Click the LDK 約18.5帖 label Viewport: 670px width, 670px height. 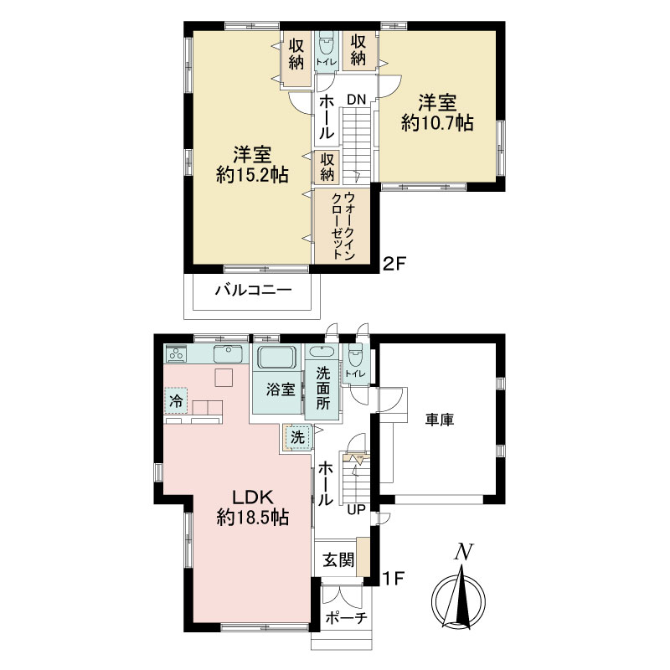[253, 508]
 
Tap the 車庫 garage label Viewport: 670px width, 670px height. [439, 420]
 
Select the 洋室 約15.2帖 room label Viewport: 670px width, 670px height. [252, 164]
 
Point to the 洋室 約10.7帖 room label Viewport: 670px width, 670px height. [437, 113]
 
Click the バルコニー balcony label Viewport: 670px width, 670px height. [253, 291]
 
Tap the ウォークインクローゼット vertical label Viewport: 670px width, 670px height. [343, 225]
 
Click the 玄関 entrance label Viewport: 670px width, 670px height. [338, 559]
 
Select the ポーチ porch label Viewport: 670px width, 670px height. [346, 617]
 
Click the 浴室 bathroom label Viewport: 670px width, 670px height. [281, 389]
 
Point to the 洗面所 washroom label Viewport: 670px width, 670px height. [323, 388]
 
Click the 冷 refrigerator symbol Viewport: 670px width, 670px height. [176, 401]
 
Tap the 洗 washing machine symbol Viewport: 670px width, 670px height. [297, 437]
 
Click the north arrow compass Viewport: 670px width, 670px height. [458, 594]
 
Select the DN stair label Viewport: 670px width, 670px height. [357, 100]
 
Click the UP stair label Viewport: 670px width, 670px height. [357, 509]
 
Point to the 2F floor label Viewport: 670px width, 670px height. [393, 264]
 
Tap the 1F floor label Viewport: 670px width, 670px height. [393, 579]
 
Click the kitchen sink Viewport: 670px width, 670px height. [229, 353]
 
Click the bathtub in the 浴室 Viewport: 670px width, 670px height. [277, 358]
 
